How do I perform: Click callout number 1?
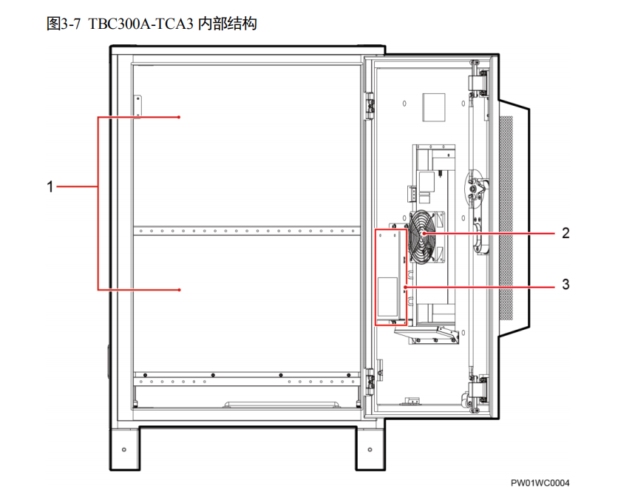point(50,186)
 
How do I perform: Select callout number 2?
point(565,233)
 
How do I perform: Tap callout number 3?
point(565,284)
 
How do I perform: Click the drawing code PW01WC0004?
point(540,483)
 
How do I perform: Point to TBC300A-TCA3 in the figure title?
point(140,24)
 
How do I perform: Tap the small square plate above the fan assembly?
point(434,107)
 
